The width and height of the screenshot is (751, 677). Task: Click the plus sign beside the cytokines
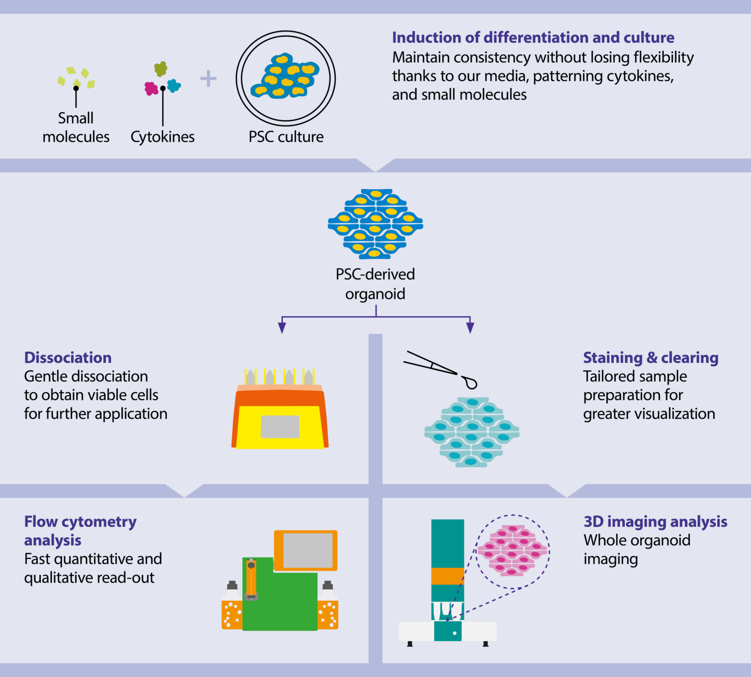click(208, 79)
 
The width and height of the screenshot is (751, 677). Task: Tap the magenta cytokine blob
click(151, 88)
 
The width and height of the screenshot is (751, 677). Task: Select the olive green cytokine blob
click(160, 69)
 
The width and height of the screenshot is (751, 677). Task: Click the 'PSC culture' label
click(286, 137)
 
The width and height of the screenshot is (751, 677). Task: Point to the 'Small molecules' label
click(76, 128)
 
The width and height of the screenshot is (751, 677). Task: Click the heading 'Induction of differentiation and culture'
click(533, 38)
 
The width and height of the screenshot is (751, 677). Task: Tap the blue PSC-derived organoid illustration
click(375, 224)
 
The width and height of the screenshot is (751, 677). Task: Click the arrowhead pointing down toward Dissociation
click(282, 328)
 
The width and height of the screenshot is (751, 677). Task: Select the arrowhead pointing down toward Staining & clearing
click(470, 328)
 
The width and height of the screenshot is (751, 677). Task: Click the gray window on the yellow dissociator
click(280, 427)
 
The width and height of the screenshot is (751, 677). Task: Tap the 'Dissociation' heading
click(68, 358)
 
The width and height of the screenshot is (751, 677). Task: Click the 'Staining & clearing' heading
click(650, 358)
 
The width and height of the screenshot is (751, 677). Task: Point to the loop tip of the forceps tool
click(471, 383)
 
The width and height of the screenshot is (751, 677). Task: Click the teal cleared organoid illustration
click(472, 432)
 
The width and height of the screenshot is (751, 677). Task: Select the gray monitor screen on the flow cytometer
click(308, 551)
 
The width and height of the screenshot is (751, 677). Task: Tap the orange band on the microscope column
click(447, 576)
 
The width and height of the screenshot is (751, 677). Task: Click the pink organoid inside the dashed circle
click(512, 551)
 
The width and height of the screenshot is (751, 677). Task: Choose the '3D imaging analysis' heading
click(655, 522)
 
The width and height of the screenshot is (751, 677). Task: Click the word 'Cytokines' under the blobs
click(162, 137)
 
